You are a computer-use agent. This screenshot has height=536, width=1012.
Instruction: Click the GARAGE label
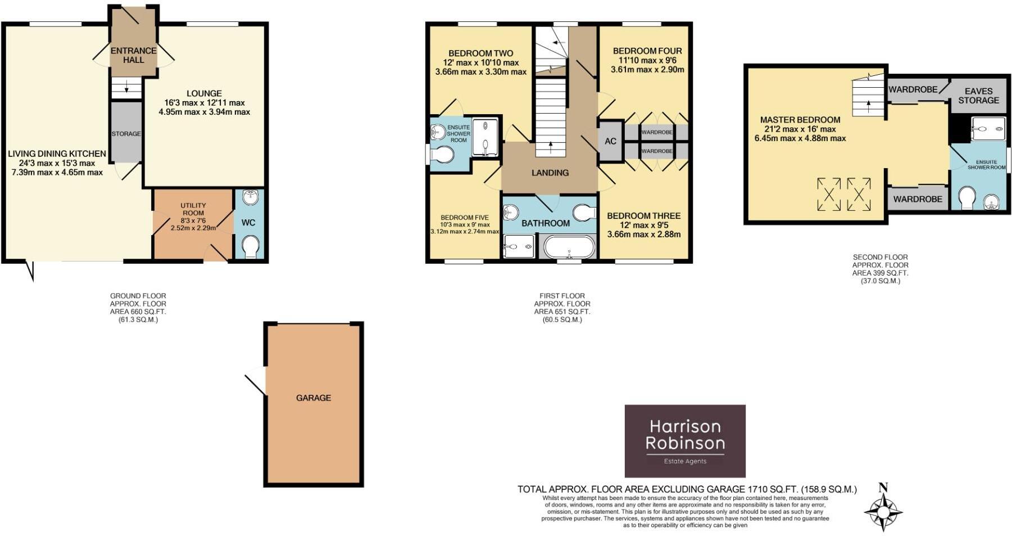(313, 398)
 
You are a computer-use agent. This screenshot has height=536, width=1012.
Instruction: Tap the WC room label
(248, 223)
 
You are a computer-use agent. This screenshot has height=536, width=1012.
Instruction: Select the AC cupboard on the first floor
(610, 141)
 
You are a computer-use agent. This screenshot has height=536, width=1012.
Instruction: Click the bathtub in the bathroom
(569, 247)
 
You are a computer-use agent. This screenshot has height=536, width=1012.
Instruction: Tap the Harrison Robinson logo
(685, 441)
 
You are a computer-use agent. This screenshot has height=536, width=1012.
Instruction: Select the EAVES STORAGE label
(978, 96)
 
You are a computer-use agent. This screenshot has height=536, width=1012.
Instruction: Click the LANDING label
(550, 173)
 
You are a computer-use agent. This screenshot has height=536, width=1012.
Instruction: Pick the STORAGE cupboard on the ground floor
(126, 133)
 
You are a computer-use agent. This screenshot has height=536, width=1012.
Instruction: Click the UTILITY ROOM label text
(193, 209)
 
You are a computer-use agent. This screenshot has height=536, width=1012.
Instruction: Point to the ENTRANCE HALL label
(134, 55)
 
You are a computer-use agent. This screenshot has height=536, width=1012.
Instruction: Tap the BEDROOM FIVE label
(464, 218)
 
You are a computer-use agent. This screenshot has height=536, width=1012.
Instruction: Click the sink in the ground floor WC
(249, 197)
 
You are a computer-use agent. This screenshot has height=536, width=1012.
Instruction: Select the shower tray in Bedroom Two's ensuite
(485, 137)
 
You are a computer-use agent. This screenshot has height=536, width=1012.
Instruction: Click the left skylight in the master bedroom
(828, 194)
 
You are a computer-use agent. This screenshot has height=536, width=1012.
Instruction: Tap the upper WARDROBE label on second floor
(913, 89)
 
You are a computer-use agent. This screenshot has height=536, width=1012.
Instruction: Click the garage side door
(256, 381)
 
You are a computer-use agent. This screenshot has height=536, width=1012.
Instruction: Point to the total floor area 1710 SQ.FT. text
(687, 489)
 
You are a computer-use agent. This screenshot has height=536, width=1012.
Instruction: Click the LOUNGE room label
(205, 93)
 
